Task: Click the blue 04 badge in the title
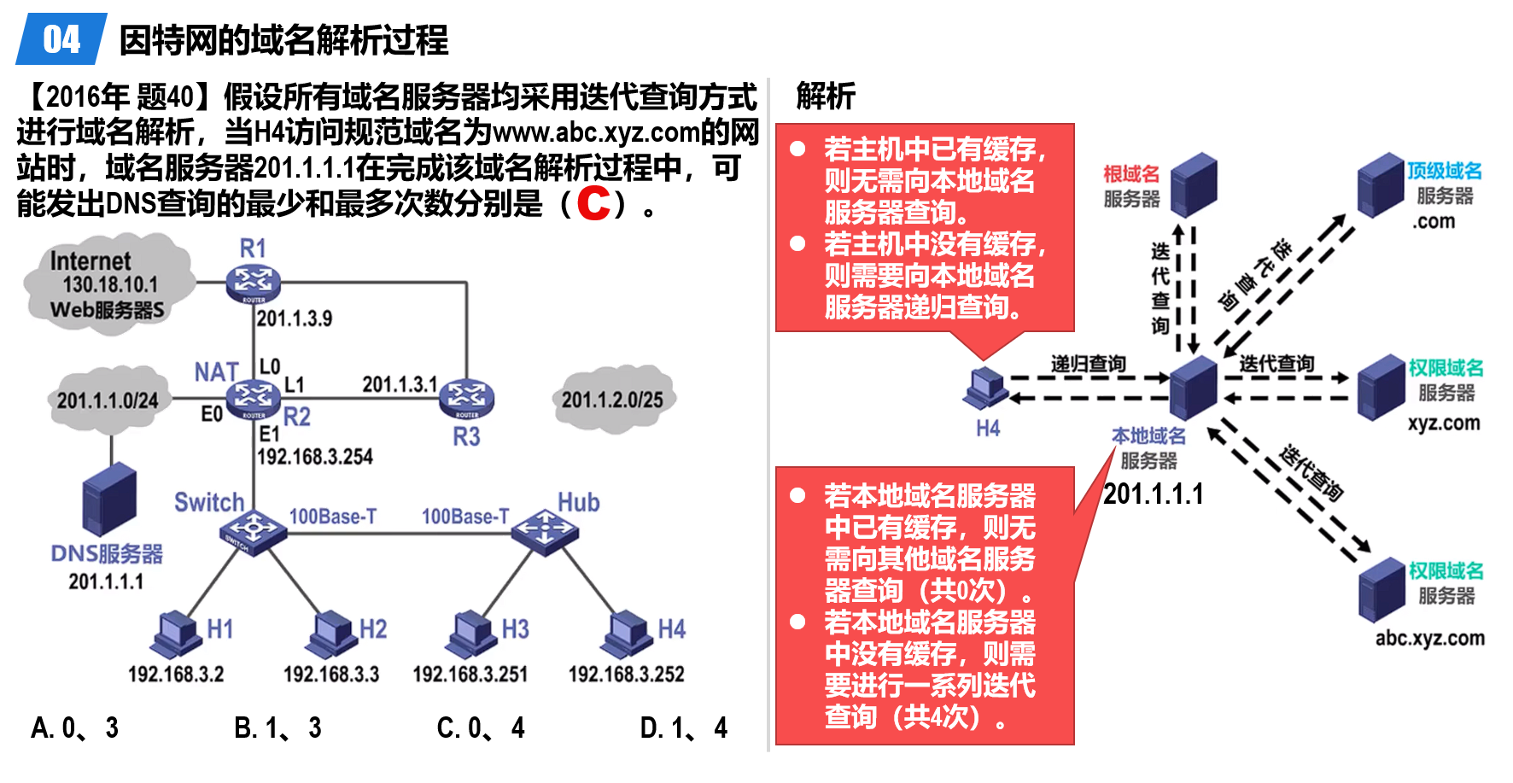[x=61, y=39]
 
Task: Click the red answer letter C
[x=593, y=203]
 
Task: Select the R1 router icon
[x=254, y=283]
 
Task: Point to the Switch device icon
[x=253, y=532]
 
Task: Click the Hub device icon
[x=545, y=531]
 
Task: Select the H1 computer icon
[x=177, y=634]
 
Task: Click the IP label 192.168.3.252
[x=627, y=675]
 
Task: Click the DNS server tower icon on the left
[x=109, y=500]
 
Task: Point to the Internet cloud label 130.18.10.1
[x=110, y=284]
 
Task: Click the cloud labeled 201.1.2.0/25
[x=612, y=399]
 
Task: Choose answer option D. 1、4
[x=683, y=727]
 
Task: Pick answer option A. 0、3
[x=74, y=727]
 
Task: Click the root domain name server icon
[x=1194, y=185]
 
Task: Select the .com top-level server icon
[x=1381, y=185]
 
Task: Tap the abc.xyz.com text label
[x=1429, y=638]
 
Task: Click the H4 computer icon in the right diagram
[x=987, y=389]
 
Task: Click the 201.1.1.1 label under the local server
[x=1153, y=494]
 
